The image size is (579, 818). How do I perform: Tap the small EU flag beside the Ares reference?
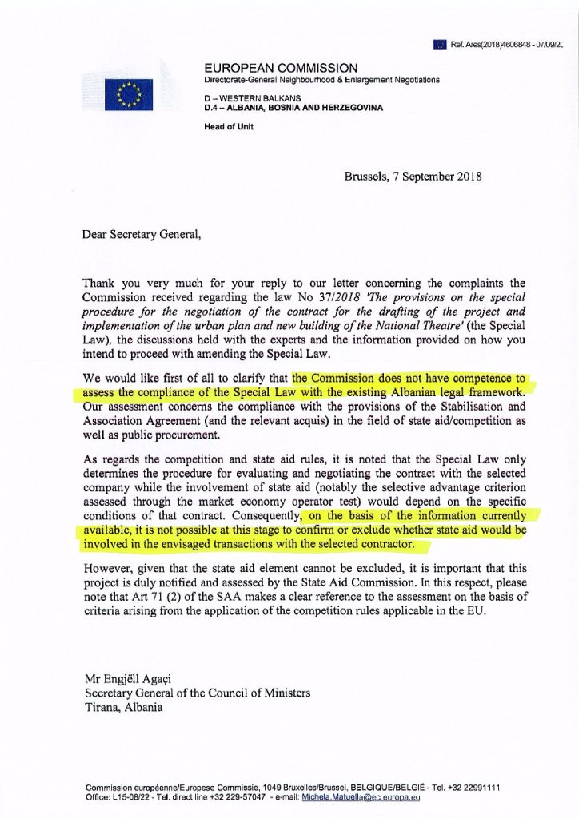(x=439, y=44)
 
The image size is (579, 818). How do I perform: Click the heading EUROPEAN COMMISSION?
(x=281, y=68)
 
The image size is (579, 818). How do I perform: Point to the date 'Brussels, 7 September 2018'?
(x=413, y=177)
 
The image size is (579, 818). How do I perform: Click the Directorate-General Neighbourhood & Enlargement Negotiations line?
(x=321, y=81)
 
